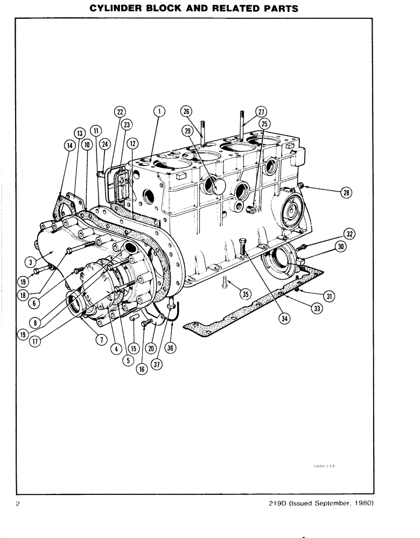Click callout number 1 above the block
159,112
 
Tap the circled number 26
186,112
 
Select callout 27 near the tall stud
262,112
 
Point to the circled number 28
345,193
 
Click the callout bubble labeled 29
188,131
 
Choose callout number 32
349,234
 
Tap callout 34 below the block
284,318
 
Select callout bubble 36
171,348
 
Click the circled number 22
119,112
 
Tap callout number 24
104,144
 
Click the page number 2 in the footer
18,504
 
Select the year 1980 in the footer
362,504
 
